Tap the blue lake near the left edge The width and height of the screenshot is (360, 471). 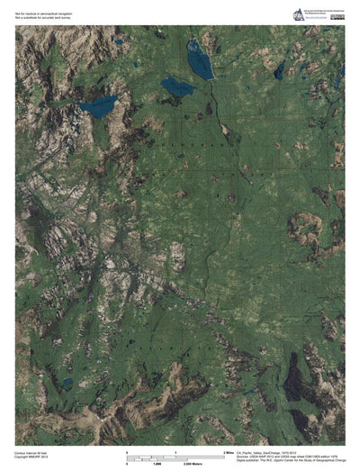coord(98,106)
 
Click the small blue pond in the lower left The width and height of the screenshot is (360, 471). coord(66,383)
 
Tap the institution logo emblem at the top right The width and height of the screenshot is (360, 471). coord(296,14)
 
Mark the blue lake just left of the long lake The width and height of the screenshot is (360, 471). coord(176,87)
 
